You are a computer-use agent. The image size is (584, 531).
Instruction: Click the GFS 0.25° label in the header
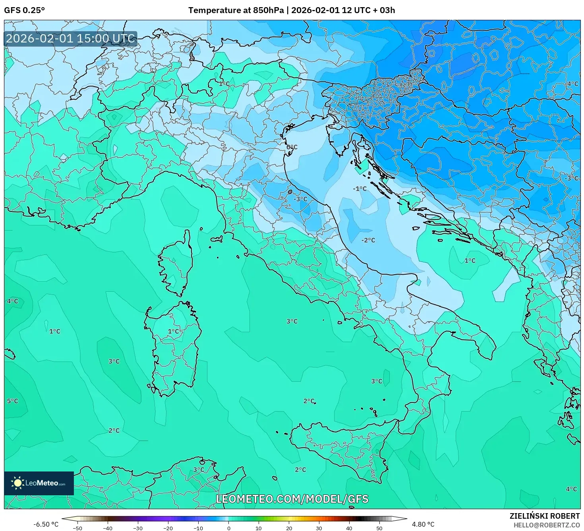click(x=24, y=10)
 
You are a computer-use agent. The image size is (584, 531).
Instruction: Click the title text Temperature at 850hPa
click(x=236, y=10)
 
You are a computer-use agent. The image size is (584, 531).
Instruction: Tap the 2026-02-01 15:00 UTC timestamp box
click(x=70, y=39)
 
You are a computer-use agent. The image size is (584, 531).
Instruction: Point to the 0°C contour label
click(x=292, y=147)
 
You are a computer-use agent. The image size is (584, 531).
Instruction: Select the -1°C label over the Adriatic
click(x=360, y=189)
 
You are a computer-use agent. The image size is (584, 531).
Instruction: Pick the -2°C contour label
click(x=368, y=240)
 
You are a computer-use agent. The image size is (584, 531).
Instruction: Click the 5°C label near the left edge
click(x=13, y=401)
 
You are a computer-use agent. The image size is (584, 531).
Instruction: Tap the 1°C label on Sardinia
click(x=174, y=331)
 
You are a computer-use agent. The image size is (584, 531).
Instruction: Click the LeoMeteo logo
click(x=39, y=483)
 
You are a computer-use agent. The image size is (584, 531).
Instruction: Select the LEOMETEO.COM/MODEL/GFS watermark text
click(x=292, y=499)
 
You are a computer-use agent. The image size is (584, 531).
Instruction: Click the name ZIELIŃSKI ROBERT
click(x=545, y=516)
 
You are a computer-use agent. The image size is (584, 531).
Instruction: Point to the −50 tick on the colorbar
click(x=77, y=528)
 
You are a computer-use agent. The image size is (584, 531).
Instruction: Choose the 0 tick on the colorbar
click(x=229, y=528)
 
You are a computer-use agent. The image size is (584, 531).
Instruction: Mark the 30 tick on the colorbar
click(x=319, y=528)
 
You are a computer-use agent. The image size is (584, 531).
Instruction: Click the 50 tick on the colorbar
click(x=379, y=528)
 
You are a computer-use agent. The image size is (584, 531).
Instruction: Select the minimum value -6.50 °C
click(x=46, y=524)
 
